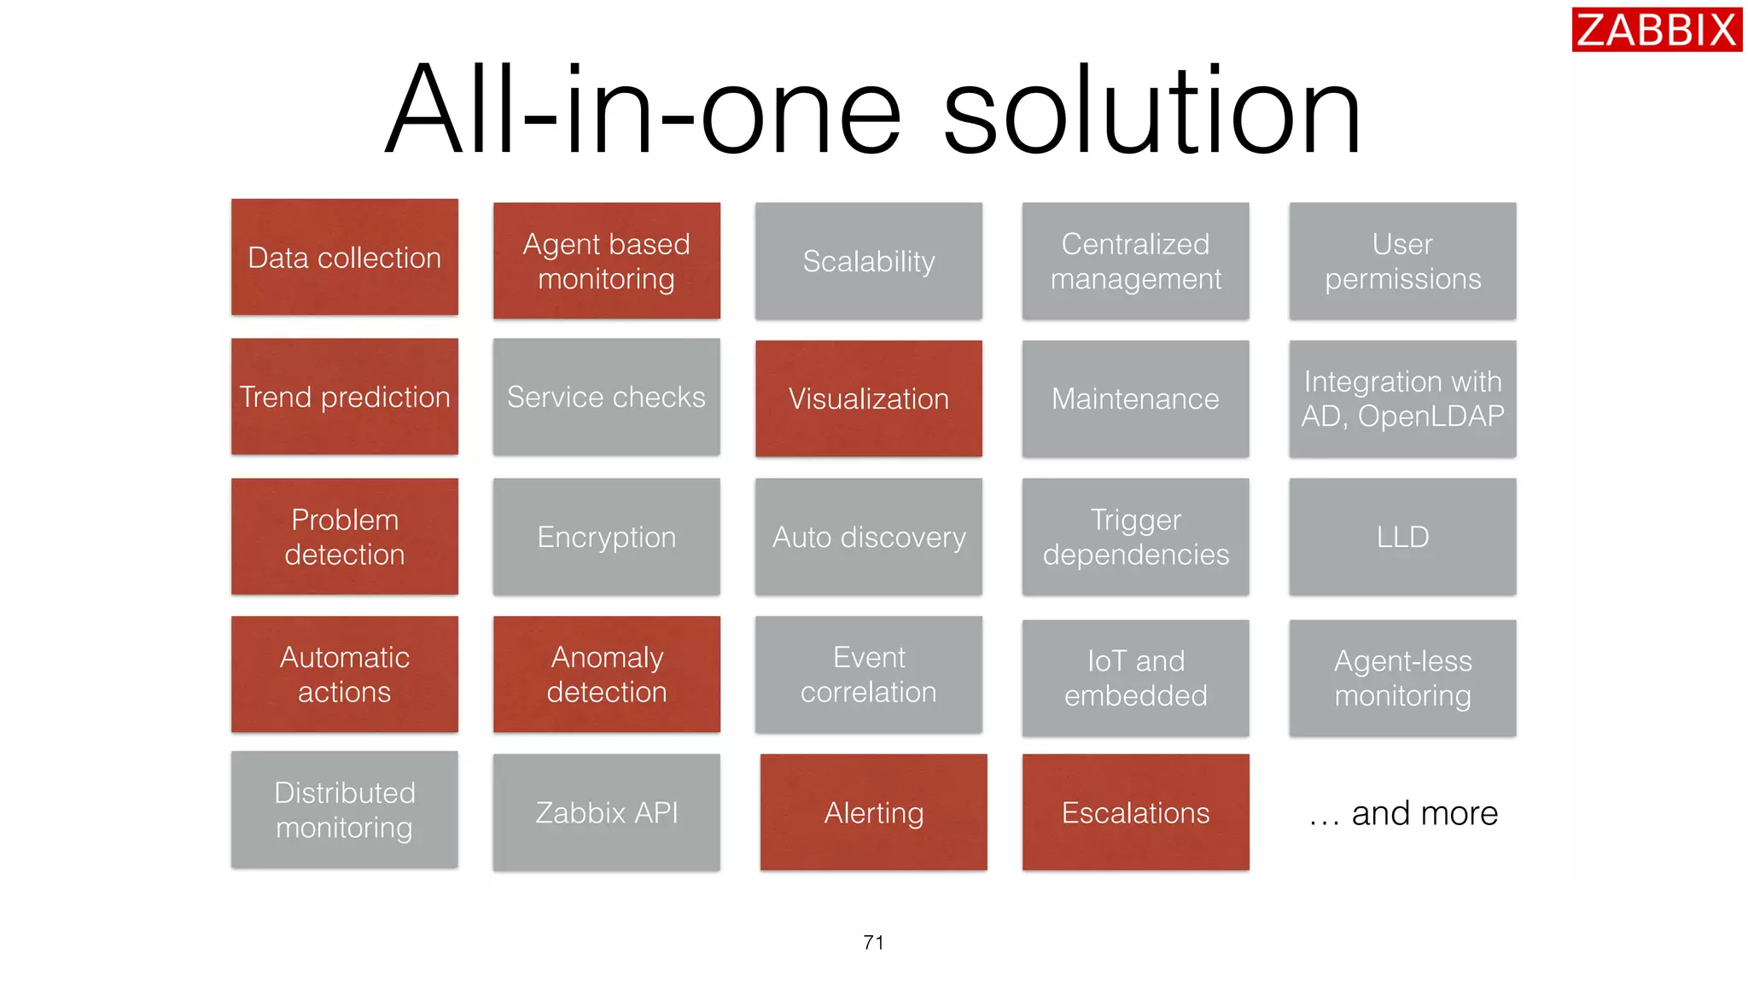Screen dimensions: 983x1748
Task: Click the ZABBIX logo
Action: tap(1656, 30)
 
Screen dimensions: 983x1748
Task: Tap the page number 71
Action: tap(873, 942)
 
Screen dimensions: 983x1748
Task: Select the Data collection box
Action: tap(345, 258)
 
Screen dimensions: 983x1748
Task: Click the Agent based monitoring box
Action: tap(607, 261)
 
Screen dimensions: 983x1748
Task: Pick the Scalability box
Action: tap(869, 261)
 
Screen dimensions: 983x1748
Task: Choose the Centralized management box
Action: tap(1135, 261)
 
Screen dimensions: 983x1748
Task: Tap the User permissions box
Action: tap(1402, 261)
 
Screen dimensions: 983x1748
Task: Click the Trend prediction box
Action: tap(345, 397)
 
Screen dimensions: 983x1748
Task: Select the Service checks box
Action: tap(607, 397)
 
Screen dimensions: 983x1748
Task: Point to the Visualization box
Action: tap(869, 398)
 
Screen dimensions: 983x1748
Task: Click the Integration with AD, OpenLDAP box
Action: tap(1402, 398)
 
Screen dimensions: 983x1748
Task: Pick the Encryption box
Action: tap(607, 537)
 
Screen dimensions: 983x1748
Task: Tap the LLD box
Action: tap(1402, 537)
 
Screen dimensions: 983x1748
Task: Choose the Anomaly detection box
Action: tap(607, 674)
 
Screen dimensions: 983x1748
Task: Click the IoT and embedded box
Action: tap(1135, 678)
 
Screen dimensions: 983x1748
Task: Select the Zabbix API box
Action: tap(607, 812)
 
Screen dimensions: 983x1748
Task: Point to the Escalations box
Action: tap(1135, 812)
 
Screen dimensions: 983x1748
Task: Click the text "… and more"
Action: tap(1404, 813)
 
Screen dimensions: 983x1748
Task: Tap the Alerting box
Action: tap(874, 812)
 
